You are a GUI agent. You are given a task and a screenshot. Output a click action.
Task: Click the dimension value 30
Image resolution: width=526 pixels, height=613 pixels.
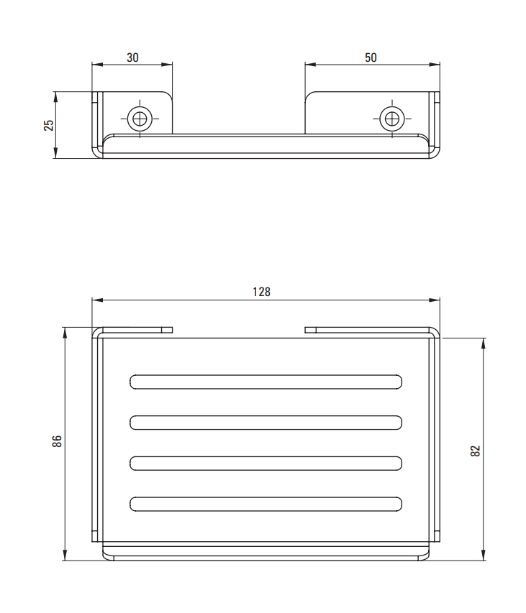click(x=132, y=57)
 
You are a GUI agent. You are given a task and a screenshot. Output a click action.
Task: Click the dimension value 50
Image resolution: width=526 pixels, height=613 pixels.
click(x=371, y=57)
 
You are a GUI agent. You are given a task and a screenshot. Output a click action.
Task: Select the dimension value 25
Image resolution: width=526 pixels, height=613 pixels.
click(x=49, y=125)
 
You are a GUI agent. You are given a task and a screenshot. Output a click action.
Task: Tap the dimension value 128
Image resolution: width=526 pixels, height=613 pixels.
click(x=261, y=292)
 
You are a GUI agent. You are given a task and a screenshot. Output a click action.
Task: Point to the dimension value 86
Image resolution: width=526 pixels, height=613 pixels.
click(x=57, y=441)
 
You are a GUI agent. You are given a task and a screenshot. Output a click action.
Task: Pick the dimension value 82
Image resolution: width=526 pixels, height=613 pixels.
click(x=475, y=451)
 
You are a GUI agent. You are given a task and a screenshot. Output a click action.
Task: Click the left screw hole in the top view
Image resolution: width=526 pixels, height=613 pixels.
click(x=140, y=119)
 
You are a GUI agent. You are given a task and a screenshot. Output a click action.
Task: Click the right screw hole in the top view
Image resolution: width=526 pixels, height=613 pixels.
click(x=392, y=119)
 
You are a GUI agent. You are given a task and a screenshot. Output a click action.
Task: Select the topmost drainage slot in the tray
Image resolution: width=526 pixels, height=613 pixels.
click(x=266, y=382)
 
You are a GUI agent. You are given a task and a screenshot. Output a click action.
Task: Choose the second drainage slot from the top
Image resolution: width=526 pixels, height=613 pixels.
click(x=266, y=423)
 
